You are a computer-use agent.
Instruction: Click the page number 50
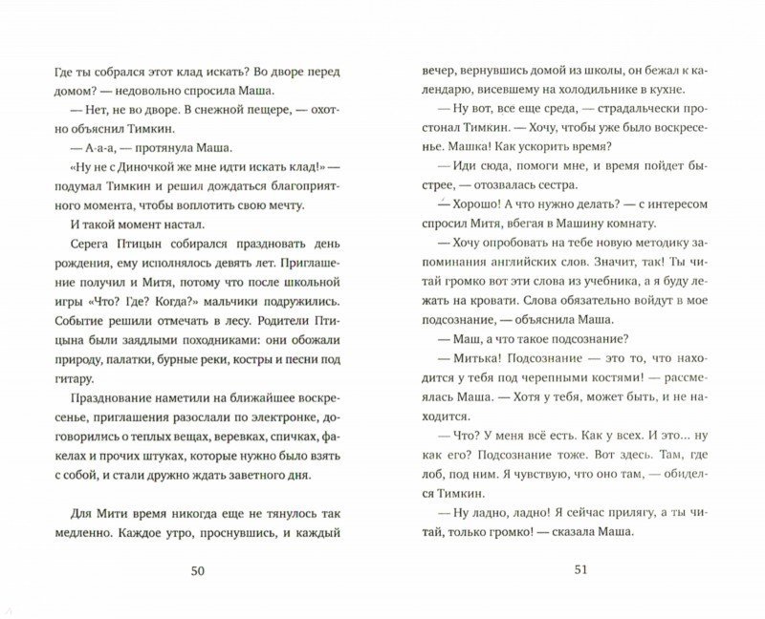pos(198,571)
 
